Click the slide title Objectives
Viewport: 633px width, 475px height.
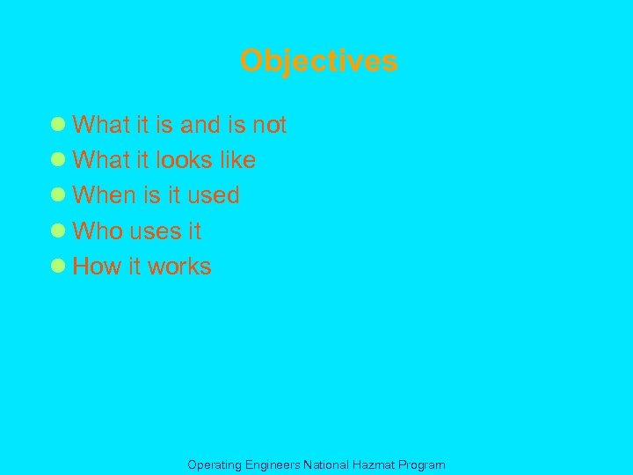318,62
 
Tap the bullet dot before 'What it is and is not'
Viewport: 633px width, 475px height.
59,124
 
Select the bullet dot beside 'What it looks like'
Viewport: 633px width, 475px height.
59,159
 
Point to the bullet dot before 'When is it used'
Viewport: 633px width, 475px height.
59,194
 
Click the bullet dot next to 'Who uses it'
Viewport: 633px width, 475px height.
59,230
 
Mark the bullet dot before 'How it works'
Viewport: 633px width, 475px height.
59,266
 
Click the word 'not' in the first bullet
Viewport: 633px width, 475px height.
269,125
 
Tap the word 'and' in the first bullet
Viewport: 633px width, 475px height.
200,125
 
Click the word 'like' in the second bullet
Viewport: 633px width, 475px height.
237,160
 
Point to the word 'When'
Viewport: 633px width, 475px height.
101,195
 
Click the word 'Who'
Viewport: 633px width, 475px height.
97,231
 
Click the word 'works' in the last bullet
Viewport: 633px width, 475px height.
179,267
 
